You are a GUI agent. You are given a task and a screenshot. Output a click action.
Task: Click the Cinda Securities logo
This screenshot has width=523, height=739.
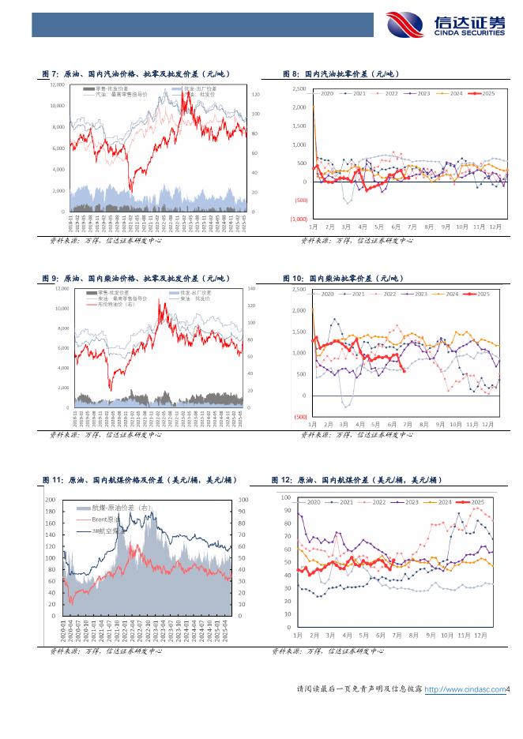(x=444, y=25)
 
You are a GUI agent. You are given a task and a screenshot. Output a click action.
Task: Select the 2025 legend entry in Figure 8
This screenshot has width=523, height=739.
(x=484, y=94)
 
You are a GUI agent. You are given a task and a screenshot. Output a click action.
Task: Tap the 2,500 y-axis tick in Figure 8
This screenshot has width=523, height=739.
(x=299, y=88)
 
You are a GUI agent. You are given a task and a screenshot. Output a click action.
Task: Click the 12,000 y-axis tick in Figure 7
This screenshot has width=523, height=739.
(x=58, y=84)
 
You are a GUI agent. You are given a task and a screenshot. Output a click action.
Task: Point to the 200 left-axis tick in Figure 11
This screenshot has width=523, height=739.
(x=49, y=501)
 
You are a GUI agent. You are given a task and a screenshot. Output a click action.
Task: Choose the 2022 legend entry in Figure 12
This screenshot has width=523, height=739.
(x=375, y=502)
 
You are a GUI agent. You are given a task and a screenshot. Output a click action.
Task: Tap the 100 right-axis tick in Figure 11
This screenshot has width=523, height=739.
(x=243, y=501)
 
